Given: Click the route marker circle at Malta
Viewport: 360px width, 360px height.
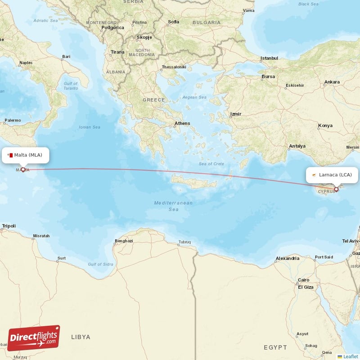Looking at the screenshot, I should [x=23, y=170].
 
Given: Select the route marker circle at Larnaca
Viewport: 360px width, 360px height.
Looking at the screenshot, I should [x=336, y=189].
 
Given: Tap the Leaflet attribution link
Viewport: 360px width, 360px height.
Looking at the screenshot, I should [x=351, y=356].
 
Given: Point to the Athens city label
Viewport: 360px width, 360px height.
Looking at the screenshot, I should [x=182, y=123].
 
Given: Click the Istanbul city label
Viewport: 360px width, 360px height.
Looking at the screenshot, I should [x=270, y=58].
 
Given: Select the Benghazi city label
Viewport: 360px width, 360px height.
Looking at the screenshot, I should [x=124, y=241].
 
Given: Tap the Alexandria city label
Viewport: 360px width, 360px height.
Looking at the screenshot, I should [x=288, y=258].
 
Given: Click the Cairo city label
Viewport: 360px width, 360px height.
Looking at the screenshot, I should [x=303, y=280].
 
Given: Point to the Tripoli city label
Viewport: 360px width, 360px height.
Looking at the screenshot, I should [x=9, y=226].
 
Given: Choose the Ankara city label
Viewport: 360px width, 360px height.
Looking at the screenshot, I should [x=332, y=82].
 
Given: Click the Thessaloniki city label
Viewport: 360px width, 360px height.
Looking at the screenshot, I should [x=174, y=67].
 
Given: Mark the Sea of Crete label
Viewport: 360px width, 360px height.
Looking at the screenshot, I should [x=211, y=163].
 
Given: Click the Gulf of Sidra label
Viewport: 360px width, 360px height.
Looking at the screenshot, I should [x=101, y=264].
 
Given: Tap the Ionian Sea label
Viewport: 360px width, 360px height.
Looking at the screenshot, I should [x=89, y=127].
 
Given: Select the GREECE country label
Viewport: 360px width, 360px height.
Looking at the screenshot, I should [x=153, y=99].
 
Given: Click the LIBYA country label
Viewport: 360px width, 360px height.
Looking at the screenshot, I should [x=81, y=337].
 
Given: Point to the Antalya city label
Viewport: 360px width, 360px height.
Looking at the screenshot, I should [x=297, y=146].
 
